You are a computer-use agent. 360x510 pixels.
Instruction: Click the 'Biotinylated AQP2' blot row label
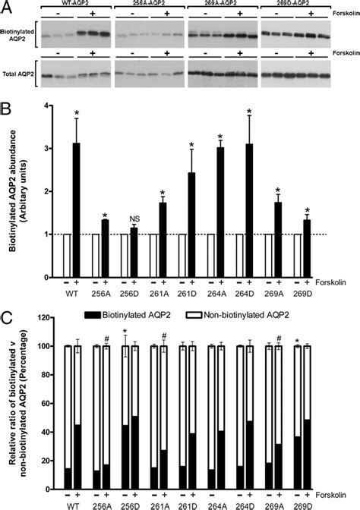[18, 35]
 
